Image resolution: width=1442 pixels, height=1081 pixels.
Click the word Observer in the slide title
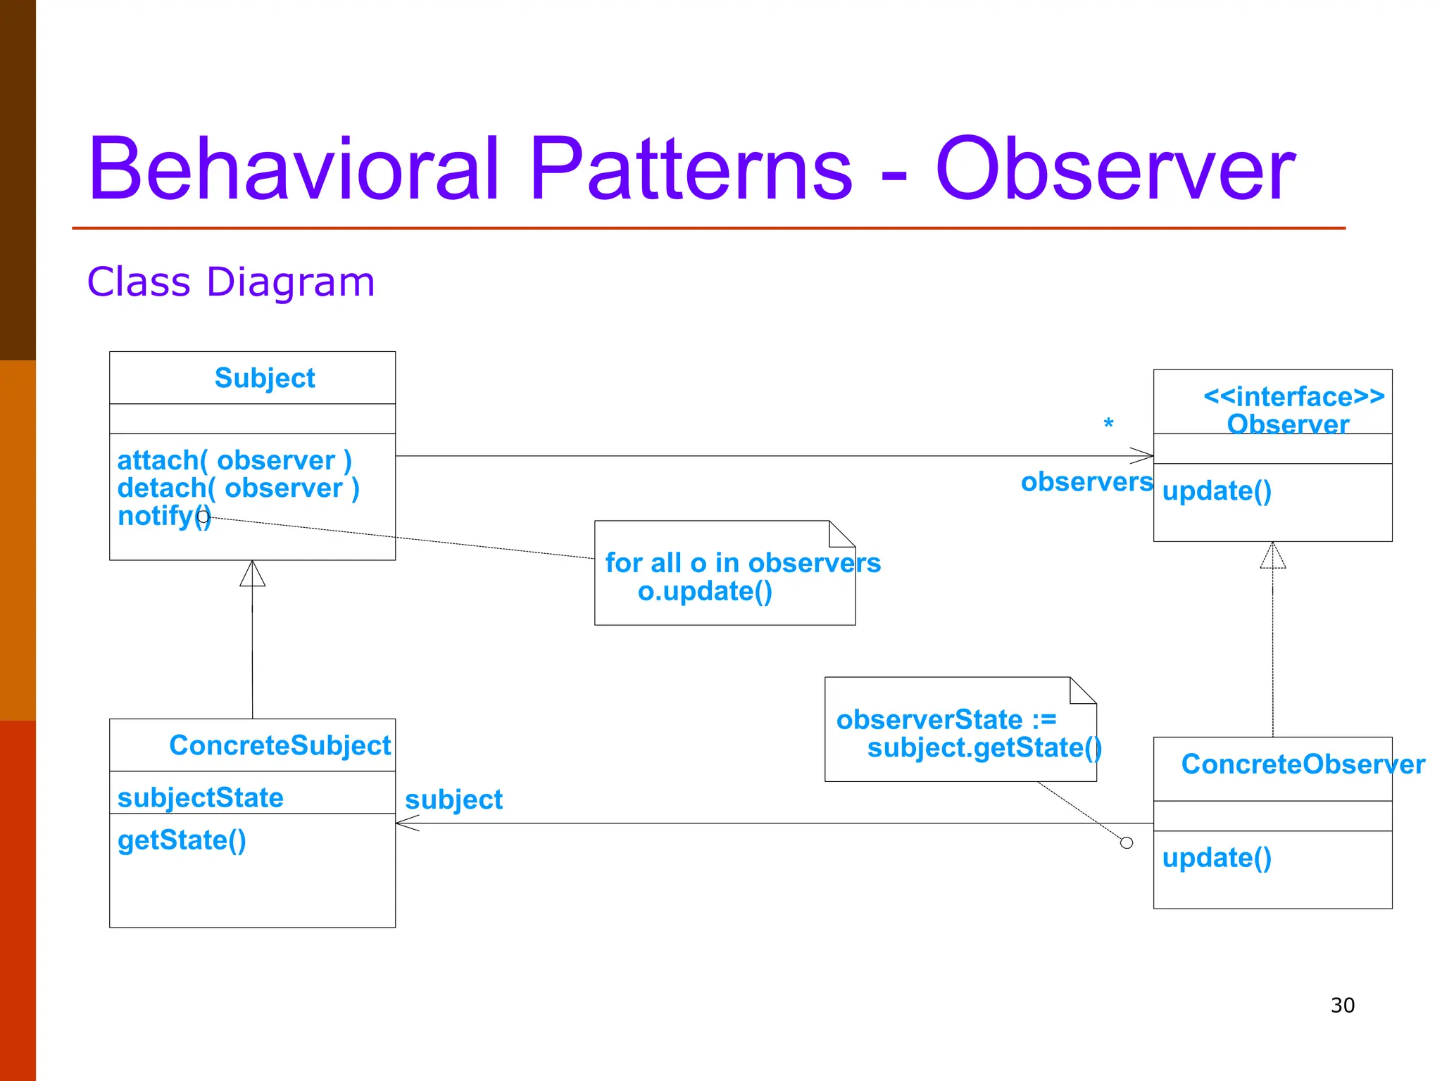pos(1115,170)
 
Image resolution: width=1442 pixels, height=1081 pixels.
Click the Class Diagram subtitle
pos(230,282)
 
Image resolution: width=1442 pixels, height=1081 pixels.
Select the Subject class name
pos(264,378)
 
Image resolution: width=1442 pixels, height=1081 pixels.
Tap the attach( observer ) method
pos(234,460)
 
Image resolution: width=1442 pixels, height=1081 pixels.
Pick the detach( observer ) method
pos(238,488)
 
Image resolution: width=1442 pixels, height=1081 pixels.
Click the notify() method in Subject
pos(163,516)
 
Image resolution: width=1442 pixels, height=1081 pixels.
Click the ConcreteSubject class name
pos(280,745)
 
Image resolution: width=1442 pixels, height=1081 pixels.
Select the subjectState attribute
pos(200,798)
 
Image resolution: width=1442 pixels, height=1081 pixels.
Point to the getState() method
pos(182,840)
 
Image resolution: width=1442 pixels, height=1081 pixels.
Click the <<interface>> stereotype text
pos(1293,397)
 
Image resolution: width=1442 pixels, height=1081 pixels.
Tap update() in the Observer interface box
pos(1216,491)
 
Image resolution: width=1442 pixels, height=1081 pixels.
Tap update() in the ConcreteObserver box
pos(1216,858)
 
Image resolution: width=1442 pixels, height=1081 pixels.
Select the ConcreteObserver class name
pos(1302,764)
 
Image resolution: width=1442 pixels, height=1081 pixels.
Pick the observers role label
pos(1086,482)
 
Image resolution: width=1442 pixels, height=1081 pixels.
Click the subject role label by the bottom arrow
pos(453,800)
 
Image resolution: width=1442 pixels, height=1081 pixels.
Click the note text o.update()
pos(705,591)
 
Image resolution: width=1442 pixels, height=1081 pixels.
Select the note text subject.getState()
pos(984,747)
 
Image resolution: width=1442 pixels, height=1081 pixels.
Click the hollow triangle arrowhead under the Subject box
pos(252,574)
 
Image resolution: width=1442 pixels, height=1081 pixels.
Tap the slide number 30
pos(1342,1005)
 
